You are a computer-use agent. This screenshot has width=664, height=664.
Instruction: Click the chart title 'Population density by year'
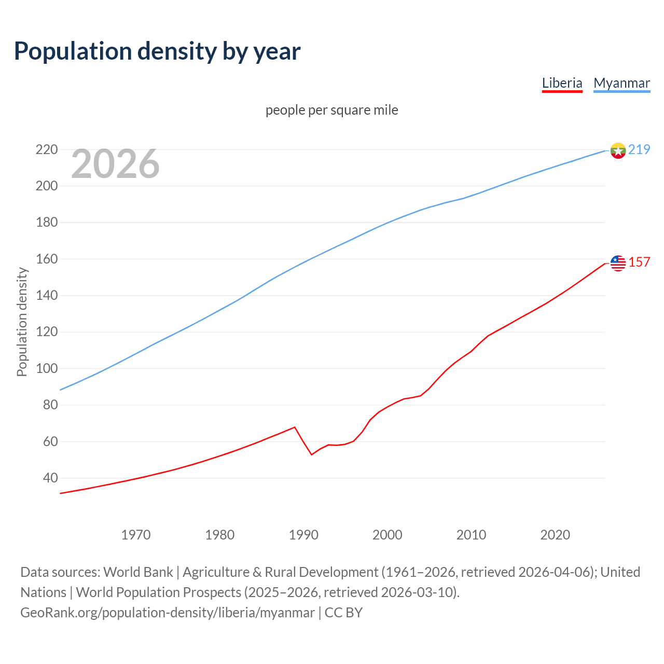click(x=157, y=51)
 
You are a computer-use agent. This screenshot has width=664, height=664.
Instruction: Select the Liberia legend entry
click(x=562, y=83)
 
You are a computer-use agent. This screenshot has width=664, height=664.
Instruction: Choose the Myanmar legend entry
click(x=621, y=83)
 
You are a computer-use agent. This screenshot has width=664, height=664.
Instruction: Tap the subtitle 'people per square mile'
click(x=331, y=110)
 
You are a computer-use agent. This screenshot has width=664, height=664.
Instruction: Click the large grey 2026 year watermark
click(x=115, y=164)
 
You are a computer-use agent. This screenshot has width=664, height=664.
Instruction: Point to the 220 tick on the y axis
click(x=46, y=149)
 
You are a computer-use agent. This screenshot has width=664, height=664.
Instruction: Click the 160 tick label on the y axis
click(x=46, y=259)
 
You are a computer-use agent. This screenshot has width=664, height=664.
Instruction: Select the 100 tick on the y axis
click(x=46, y=368)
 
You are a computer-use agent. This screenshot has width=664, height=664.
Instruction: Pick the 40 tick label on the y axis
click(x=50, y=478)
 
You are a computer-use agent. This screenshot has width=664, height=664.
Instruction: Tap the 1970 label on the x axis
click(x=136, y=534)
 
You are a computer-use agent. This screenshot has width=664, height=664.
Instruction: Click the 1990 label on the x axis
click(x=303, y=534)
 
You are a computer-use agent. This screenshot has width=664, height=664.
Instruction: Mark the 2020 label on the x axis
click(x=555, y=534)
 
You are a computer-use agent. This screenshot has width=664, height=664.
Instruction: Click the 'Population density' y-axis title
click(x=22, y=322)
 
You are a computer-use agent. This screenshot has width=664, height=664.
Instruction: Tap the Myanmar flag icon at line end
click(x=618, y=150)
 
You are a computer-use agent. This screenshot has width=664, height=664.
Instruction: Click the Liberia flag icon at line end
click(x=618, y=263)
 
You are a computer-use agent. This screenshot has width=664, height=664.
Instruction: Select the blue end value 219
click(x=639, y=149)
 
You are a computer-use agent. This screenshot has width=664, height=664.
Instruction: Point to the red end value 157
click(x=639, y=262)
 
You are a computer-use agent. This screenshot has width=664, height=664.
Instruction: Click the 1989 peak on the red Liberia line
click(x=295, y=427)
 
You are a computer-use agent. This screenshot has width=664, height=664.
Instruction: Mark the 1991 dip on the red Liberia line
click(x=312, y=454)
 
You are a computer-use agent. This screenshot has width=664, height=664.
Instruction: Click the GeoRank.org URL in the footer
click(x=167, y=613)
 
